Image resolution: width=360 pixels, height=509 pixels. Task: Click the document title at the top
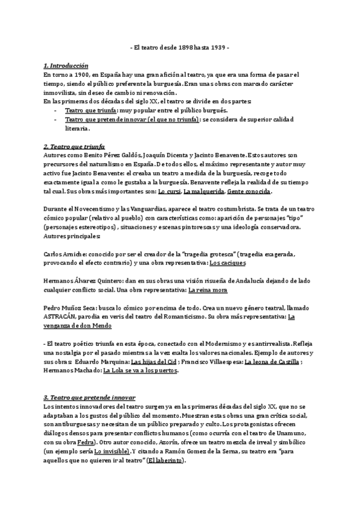[x=179, y=48]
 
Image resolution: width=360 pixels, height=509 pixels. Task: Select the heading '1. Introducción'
[x=66, y=66]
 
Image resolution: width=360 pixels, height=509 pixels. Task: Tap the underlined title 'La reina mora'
[x=209, y=290]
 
